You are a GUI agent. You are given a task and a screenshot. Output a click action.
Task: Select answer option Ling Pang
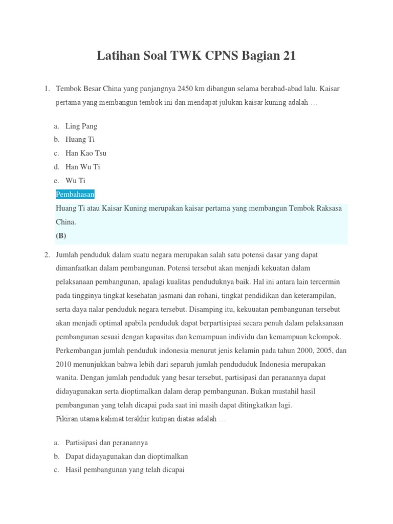pos(81,126)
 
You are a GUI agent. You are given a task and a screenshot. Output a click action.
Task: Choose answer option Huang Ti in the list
pos(80,139)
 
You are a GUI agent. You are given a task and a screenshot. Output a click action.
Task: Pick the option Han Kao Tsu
pos(86,153)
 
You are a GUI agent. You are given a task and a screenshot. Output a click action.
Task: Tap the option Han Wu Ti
pos(82,167)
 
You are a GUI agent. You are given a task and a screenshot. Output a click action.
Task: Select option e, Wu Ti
pos(75,181)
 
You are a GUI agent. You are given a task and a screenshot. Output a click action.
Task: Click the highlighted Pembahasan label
pos(75,194)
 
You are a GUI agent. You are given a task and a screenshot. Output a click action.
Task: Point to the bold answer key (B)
pos(61,236)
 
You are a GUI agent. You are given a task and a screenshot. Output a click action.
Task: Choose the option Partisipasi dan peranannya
pos(106,443)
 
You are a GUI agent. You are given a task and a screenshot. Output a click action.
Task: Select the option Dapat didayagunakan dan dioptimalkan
pos(126,456)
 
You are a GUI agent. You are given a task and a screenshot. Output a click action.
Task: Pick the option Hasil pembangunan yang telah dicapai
pos(125,470)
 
